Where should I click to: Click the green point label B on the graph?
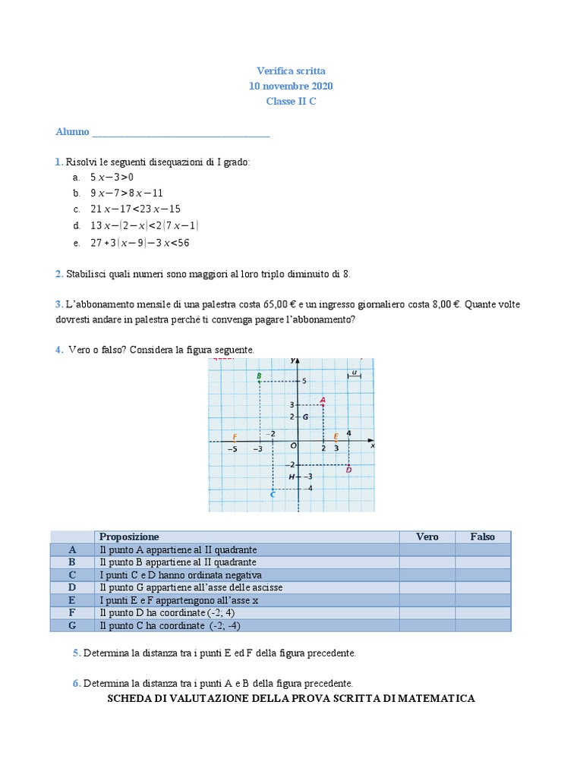point(259,376)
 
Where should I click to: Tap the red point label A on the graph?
point(323,399)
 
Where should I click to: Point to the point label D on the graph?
point(348,470)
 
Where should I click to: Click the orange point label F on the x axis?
point(235,437)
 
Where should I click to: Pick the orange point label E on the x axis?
point(336,436)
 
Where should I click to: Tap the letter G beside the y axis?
point(305,417)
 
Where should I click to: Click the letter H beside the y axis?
point(291,477)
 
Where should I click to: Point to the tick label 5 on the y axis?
point(304,381)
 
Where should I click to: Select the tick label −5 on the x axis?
point(232,449)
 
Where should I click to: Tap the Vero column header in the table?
point(427,536)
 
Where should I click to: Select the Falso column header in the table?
point(482,536)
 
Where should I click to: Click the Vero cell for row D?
point(427,587)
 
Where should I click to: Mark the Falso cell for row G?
point(483,625)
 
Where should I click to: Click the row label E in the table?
point(72,600)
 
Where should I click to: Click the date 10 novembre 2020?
point(291,86)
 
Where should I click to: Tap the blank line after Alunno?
point(181,132)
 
